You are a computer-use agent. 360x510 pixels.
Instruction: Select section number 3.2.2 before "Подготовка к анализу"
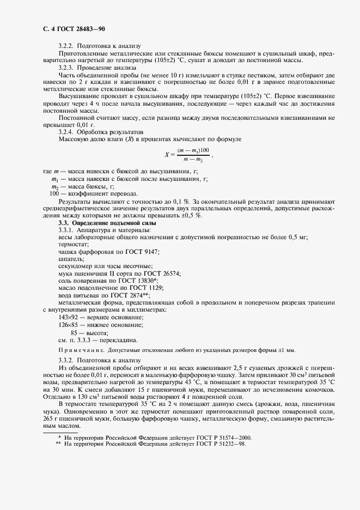(65, 46)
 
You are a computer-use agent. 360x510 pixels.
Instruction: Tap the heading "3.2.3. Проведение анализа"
(97, 68)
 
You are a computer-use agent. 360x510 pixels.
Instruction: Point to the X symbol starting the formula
(167, 155)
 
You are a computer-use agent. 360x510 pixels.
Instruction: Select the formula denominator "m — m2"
(193, 159)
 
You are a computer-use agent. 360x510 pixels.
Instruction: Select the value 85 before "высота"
(74, 333)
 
